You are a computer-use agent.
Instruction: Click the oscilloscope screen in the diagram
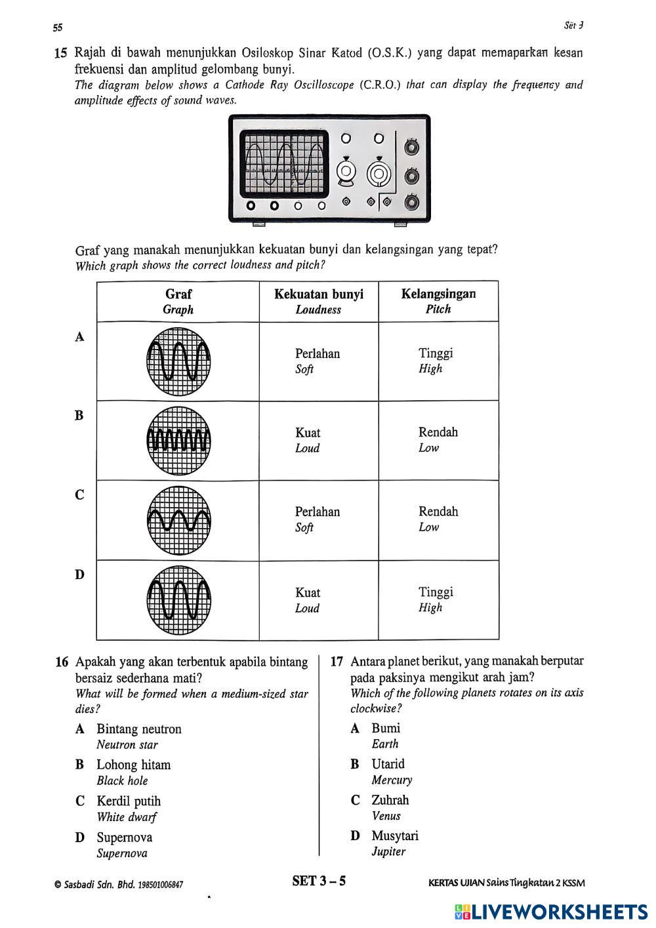pyautogui.click(x=283, y=163)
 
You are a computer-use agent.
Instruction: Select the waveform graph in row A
pyautogui.click(x=178, y=361)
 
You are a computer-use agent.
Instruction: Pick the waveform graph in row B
pyautogui.click(x=178, y=441)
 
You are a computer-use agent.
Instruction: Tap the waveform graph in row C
pyautogui.click(x=178, y=521)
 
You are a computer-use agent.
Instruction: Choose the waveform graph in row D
pyautogui.click(x=178, y=600)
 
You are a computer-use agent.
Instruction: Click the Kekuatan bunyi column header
pyautogui.click(x=318, y=302)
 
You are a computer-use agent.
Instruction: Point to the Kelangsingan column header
pyautogui.click(x=438, y=301)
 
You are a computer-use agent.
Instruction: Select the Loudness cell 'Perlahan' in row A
pyautogui.click(x=318, y=361)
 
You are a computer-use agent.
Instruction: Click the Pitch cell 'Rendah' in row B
pyautogui.click(x=438, y=439)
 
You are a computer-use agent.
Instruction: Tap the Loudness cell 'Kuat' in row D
pyautogui.click(x=307, y=599)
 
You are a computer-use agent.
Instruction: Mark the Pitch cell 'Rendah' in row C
pyautogui.click(x=438, y=519)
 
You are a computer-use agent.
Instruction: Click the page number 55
pyautogui.click(x=58, y=28)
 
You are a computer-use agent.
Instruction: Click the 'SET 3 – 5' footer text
pyautogui.click(x=319, y=881)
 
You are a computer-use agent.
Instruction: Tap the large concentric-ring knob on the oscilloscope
pyautogui.click(x=379, y=174)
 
